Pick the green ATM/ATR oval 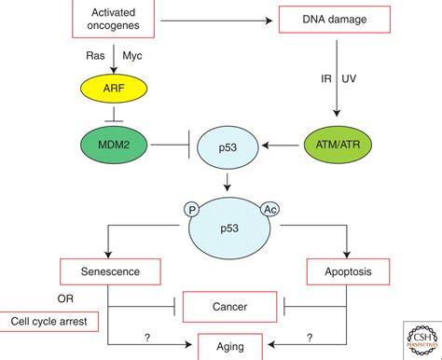pos(338,147)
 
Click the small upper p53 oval pos(226,148)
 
